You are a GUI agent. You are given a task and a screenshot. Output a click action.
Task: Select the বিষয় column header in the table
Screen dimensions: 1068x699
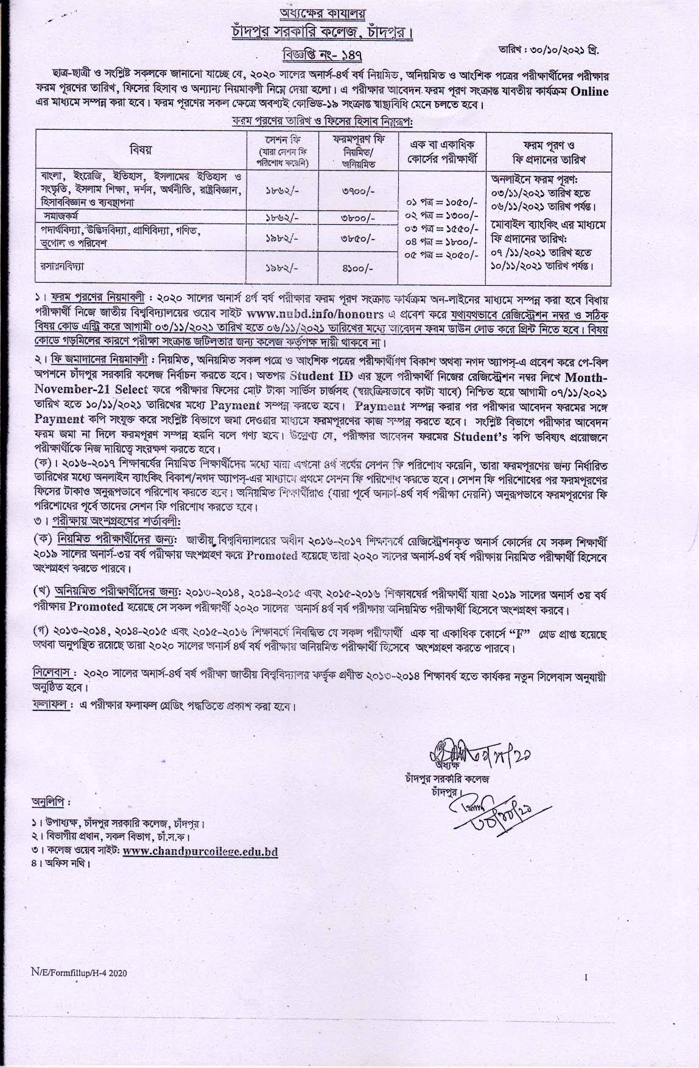[141, 150]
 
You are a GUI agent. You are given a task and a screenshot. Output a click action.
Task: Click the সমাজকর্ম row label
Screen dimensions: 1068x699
[61, 216]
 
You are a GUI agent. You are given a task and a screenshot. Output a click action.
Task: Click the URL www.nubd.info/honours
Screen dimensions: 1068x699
[316, 314]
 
